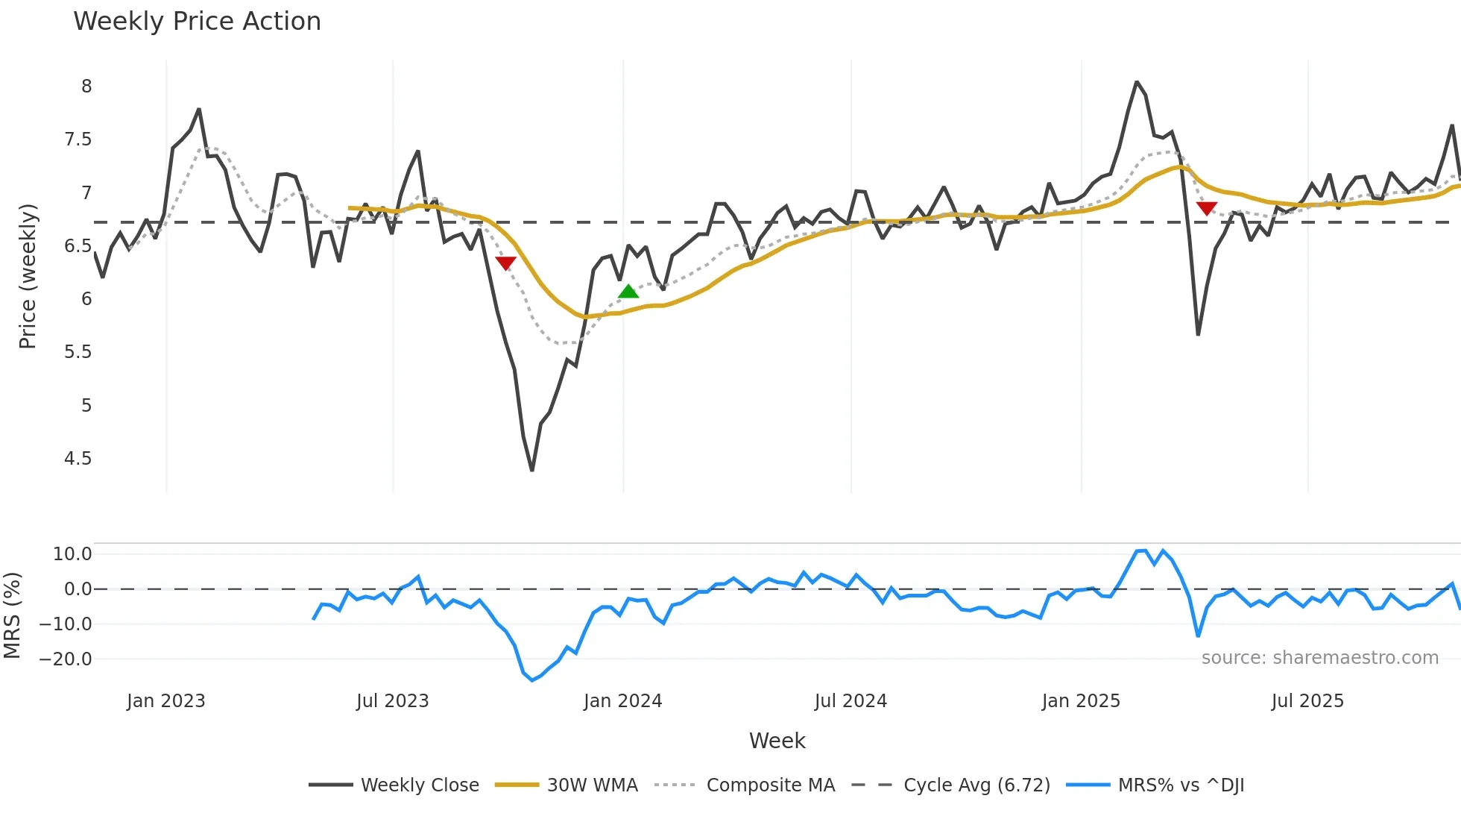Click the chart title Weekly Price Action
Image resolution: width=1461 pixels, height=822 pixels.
(x=197, y=22)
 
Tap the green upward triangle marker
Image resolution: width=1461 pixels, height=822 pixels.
(x=628, y=292)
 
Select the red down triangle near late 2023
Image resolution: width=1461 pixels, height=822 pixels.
(x=505, y=263)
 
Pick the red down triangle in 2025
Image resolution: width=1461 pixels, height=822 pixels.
(x=1206, y=208)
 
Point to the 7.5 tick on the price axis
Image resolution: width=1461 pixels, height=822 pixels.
(x=78, y=139)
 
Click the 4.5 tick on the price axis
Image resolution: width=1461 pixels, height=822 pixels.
(x=78, y=458)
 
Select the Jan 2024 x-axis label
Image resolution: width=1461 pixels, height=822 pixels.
(x=622, y=701)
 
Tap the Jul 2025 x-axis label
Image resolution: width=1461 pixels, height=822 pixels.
(x=1307, y=701)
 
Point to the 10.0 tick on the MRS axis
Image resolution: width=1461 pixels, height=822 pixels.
(x=72, y=553)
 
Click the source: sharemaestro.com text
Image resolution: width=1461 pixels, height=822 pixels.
(x=1319, y=657)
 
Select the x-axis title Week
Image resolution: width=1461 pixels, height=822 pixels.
(x=777, y=741)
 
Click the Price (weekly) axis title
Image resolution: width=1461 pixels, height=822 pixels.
(x=28, y=276)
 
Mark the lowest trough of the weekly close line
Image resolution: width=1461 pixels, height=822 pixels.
(x=531, y=470)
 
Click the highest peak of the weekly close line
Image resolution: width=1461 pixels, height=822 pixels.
(x=1137, y=81)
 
